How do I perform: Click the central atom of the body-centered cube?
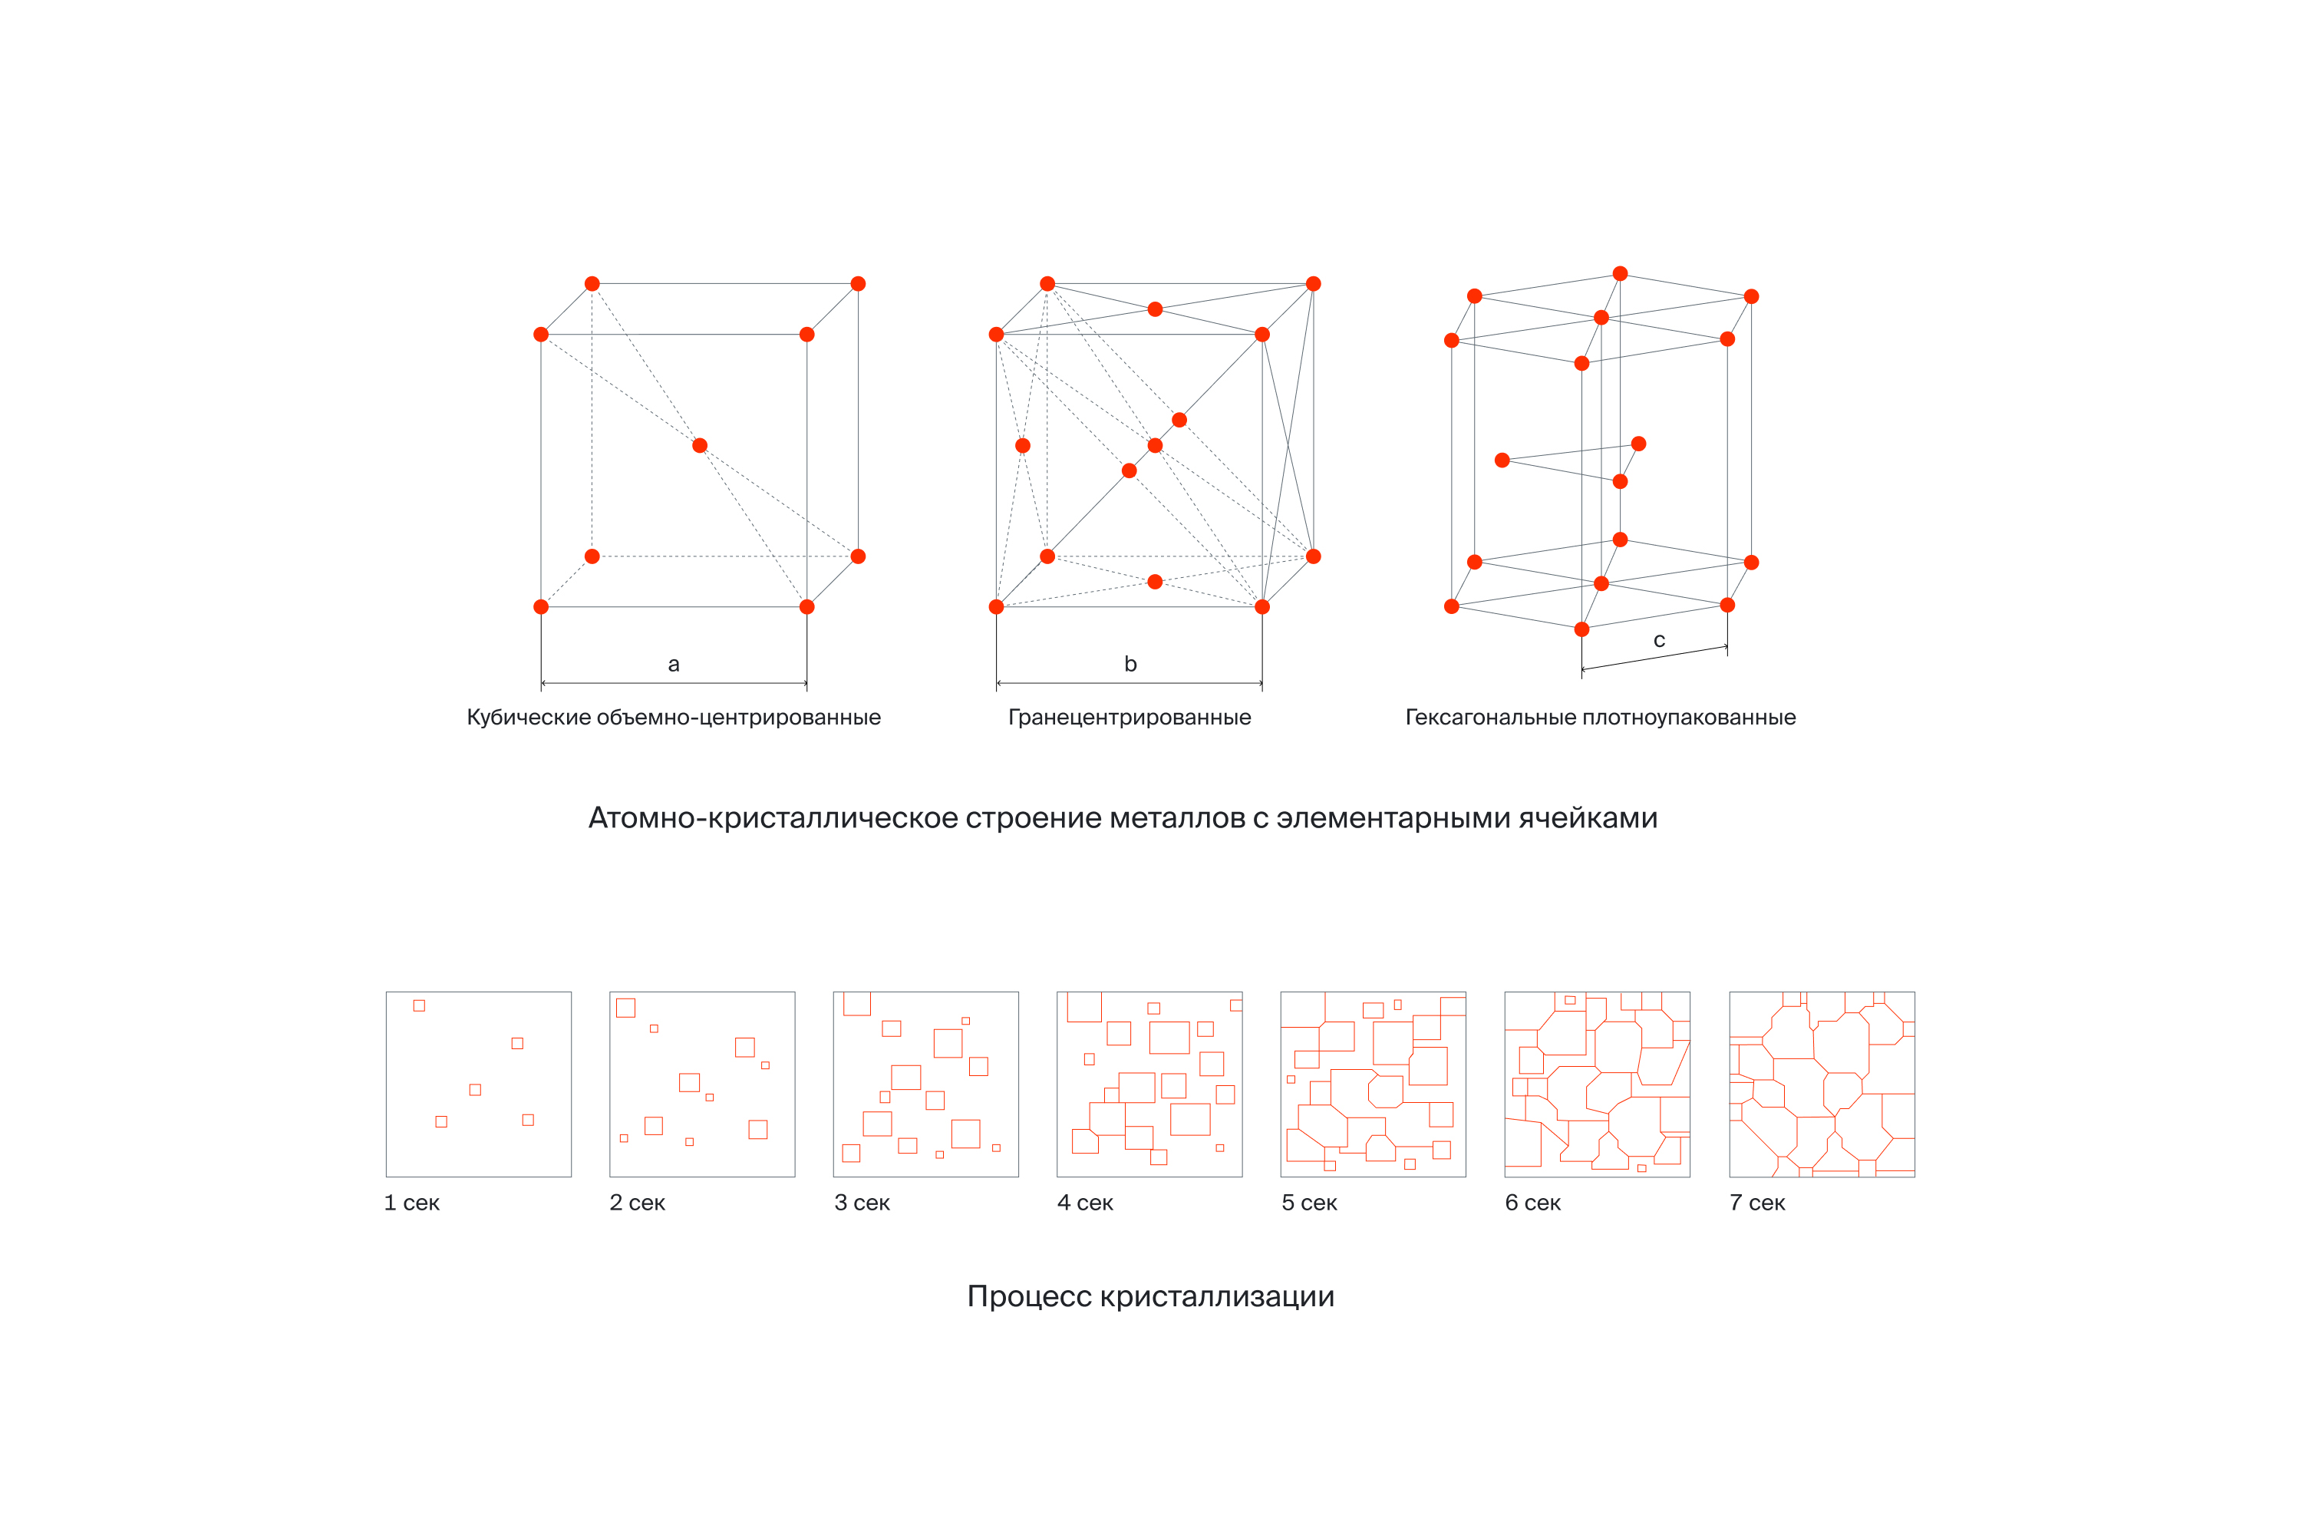(700, 445)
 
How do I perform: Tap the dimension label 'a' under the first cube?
(674, 665)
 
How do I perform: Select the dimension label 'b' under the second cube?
(1130, 665)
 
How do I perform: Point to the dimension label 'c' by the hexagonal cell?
(1659, 640)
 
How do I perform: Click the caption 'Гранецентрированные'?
(1130, 718)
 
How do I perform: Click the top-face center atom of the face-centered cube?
(1155, 309)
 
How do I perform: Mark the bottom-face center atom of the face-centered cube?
(1155, 582)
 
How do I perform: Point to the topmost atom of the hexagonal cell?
(1620, 274)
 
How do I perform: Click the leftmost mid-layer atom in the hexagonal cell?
(1502, 460)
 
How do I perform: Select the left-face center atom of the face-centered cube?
(1023, 445)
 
